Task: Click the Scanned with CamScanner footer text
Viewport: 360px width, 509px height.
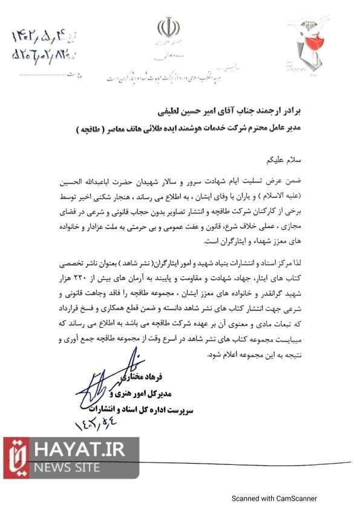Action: pos(275,499)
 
